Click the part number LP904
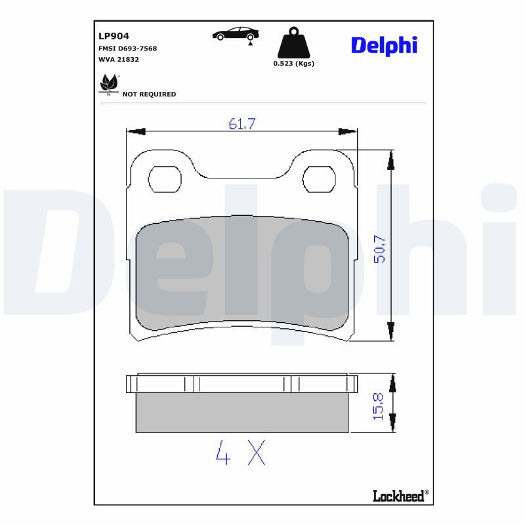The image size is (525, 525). click(x=114, y=36)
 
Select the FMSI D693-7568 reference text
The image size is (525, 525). click(x=127, y=49)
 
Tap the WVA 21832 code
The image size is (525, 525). click(x=119, y=59)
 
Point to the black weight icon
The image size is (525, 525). click(x=293, y=43)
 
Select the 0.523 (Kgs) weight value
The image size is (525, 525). click(x=293, y=63)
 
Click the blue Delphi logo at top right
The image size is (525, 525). click(x=384, y=45)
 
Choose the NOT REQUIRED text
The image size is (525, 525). click(x=149, y=94)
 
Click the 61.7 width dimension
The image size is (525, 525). click(x=241, y=124)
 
